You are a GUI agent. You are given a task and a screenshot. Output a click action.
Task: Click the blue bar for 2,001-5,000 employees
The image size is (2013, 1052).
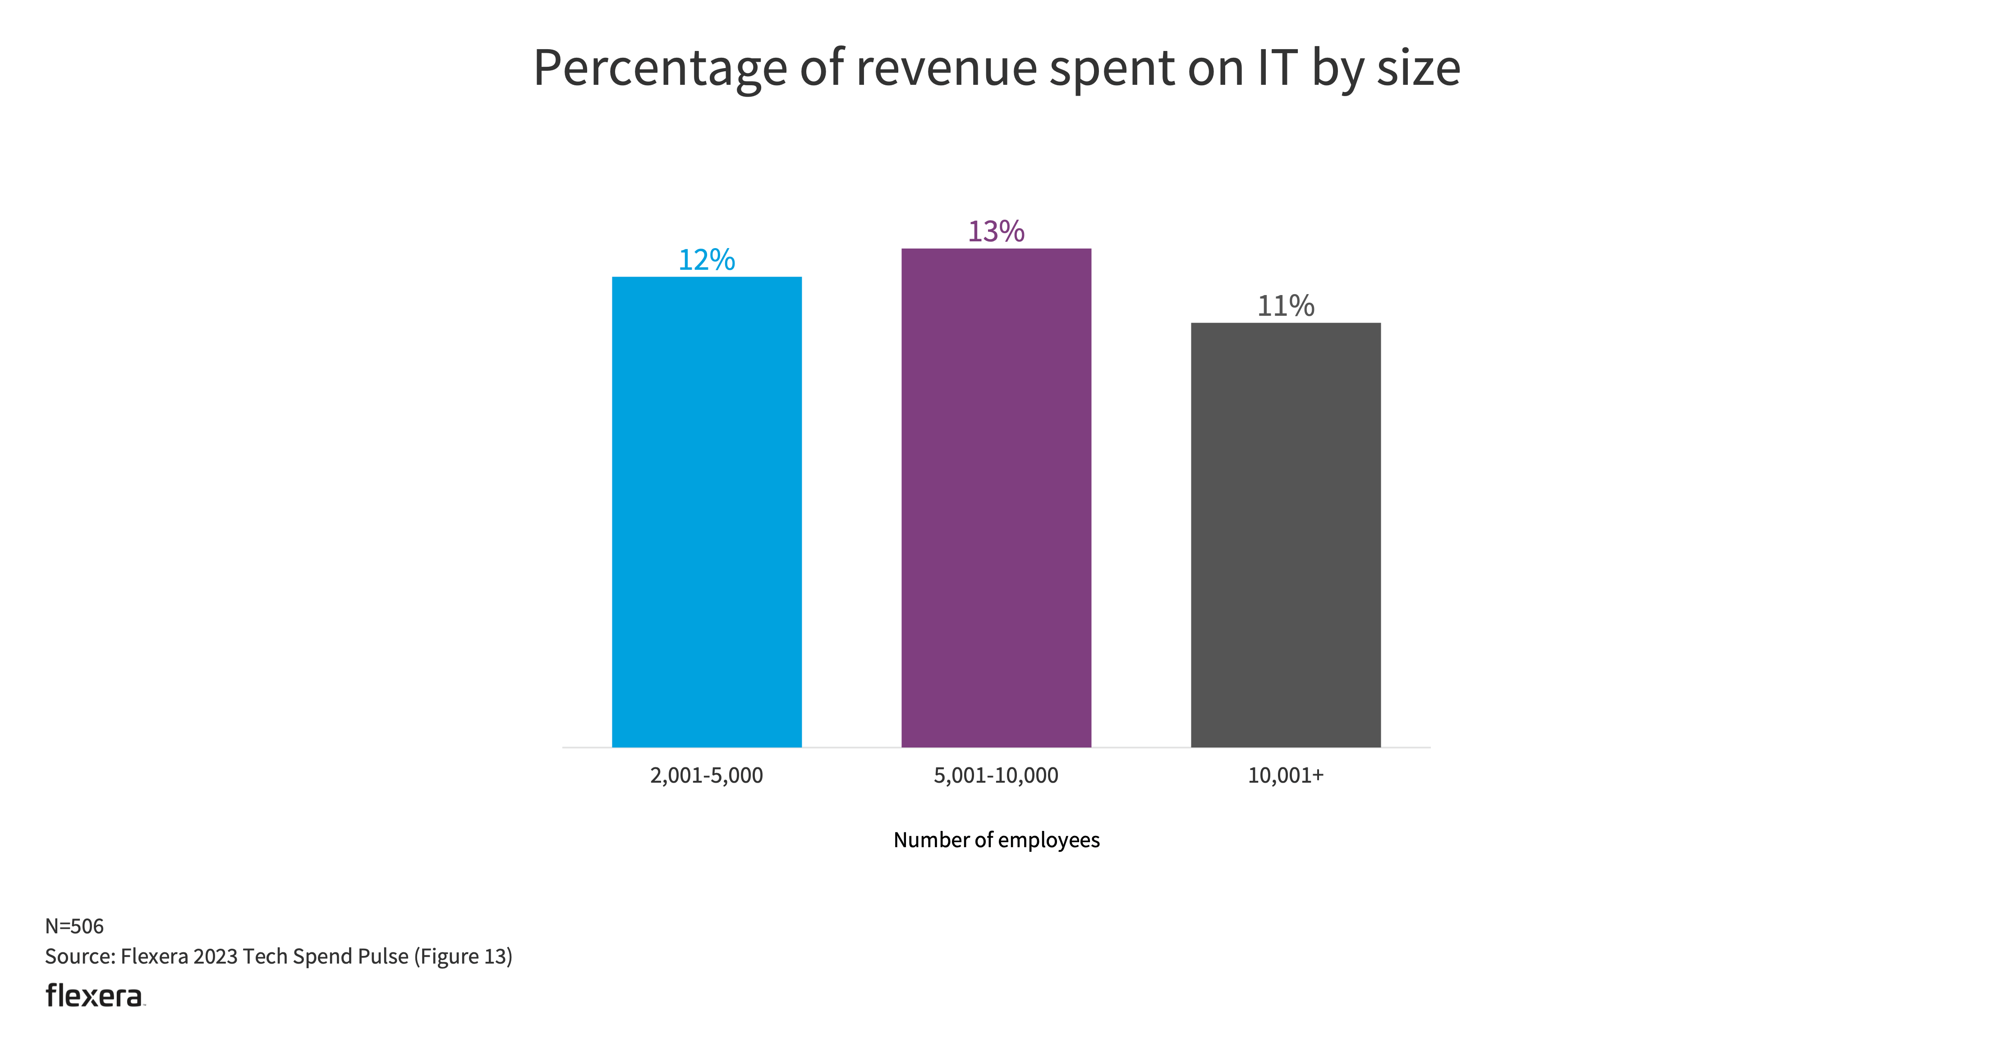(707, 512)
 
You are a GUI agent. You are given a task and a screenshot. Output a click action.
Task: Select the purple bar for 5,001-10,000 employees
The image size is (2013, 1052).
(996, 498)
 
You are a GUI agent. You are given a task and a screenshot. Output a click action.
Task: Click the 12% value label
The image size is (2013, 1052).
(707, 259)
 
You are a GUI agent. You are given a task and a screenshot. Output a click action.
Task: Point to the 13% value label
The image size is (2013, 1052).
(996, 231)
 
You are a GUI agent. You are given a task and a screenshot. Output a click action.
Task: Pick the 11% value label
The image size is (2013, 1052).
(1286, 305)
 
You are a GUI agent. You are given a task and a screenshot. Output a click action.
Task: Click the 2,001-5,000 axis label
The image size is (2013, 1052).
(707, 775)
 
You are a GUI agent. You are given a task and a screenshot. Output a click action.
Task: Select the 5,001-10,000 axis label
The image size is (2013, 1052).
(996, 775)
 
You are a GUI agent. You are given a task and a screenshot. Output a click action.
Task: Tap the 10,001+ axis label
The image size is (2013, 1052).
(1286, 775)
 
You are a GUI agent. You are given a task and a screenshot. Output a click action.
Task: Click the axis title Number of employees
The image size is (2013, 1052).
(996, 840)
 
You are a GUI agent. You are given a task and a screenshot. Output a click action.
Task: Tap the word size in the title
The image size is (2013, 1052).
(1418, 69)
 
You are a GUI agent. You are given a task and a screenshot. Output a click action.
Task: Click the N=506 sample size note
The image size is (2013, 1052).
(74, 926)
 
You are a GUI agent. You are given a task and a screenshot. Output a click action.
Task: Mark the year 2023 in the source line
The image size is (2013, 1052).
(215, 957)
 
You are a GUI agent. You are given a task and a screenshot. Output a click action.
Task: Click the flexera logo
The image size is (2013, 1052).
(95, 995)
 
